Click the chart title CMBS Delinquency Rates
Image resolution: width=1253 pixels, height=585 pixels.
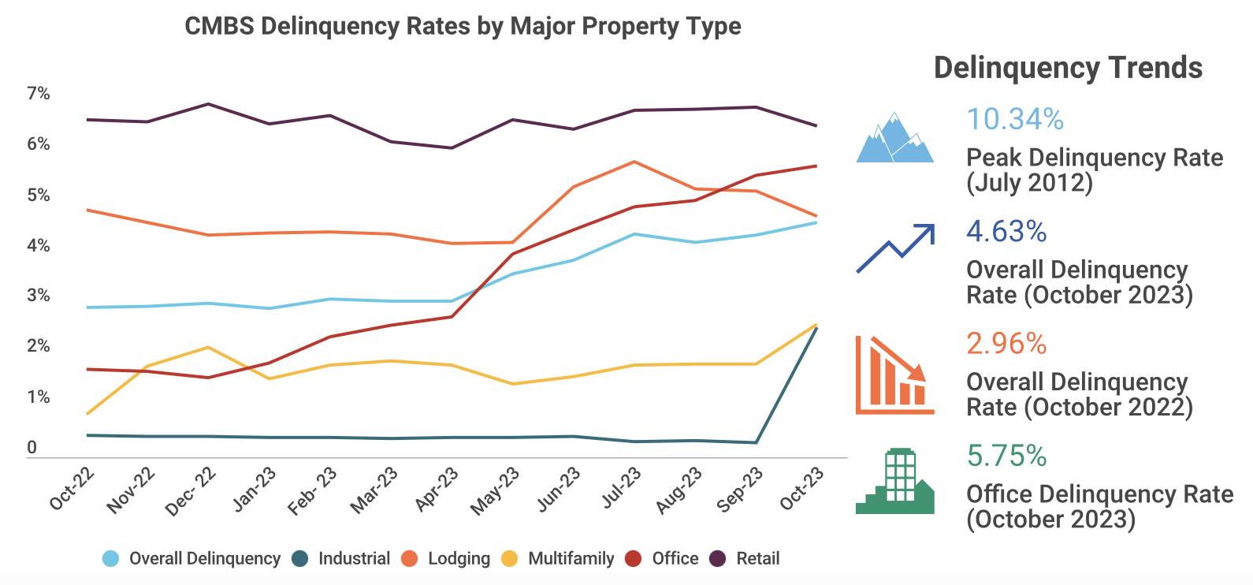coord(463,26)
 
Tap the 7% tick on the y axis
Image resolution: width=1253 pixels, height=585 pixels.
coord(38,94)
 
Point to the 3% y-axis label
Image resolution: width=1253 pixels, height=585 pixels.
coord(38,296)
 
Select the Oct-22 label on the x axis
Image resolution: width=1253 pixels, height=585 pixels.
coord(72,489)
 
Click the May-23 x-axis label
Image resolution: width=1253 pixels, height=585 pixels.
coord(495,490)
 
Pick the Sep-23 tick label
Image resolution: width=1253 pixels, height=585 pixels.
coord(739,490)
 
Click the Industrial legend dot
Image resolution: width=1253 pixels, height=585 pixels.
coord(299,559)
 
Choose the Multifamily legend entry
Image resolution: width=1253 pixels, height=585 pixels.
coord(571,559)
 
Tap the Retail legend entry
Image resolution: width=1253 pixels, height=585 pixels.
coord(757,559)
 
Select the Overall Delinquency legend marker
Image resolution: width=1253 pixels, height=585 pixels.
coord(111,559)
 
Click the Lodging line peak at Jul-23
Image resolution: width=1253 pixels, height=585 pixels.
coord(634,162)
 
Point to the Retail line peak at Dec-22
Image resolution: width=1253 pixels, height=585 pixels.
coord(208,104)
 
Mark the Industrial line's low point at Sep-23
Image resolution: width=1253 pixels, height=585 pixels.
coord(756,442)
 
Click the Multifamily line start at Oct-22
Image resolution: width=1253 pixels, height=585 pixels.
coord(87,414)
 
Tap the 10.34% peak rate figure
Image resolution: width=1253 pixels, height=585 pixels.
coord(1015,119)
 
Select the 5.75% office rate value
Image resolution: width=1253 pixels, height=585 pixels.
coord(1006,456)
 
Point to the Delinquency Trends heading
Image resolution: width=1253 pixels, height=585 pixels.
coord(1068,68)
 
